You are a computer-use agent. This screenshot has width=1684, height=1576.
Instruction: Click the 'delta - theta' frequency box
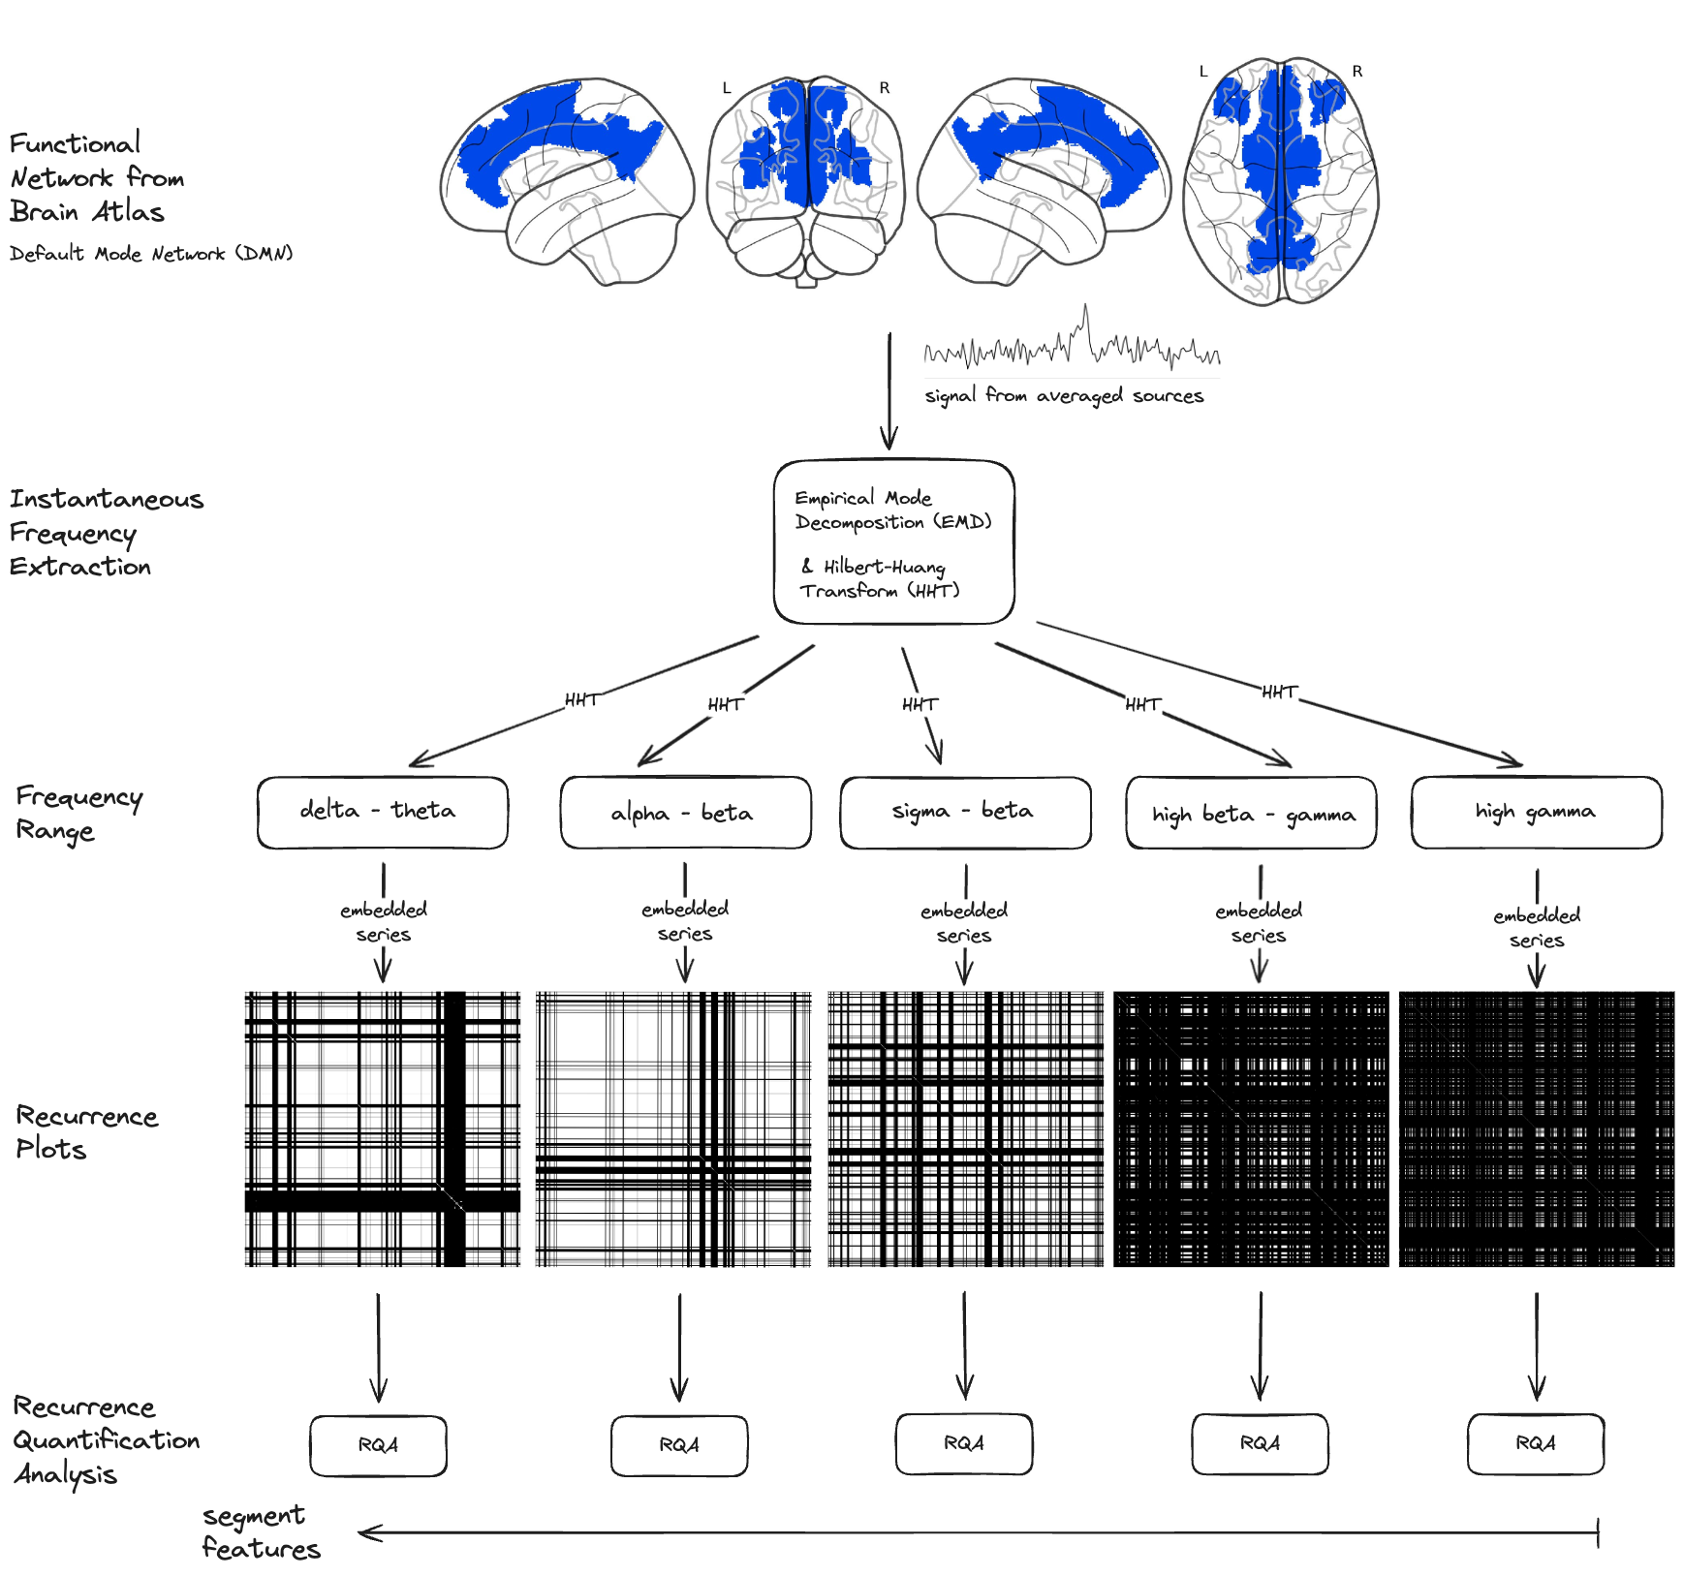pyautogui.click(x=383, y=812)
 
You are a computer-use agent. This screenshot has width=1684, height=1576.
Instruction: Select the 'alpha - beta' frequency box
pyautogui.click(x=685, y=813)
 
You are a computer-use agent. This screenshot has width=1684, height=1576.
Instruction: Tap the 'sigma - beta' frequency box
pyautogui.click(x=965, y=812)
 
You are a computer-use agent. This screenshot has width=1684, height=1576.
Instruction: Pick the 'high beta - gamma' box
pyautogui.click(x=1251, y=813)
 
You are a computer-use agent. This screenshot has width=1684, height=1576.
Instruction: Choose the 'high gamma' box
pyautogui.click(x=1536, y=812)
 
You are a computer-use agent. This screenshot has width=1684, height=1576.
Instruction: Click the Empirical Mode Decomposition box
pyautogui.click(x=893, y=541)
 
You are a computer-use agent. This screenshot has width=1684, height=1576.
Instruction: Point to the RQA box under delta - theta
pyautogui.click(x=378, y=1445)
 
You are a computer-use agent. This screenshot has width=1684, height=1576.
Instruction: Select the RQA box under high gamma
pyautogui.click(x=1536, y=1443)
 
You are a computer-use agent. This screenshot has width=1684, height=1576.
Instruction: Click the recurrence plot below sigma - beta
pyautogui.click(x=965, y=1128)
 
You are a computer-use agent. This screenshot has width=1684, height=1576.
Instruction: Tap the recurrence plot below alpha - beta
pyautogui.click(x=673, y=1128)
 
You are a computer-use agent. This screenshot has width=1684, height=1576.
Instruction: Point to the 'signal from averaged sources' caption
pyautogui.click(x=1064, y=395)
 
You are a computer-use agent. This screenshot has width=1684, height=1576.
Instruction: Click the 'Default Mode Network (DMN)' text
pyautogui.click(x=151, y=254)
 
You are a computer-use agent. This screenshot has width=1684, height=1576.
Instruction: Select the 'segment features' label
pyautogui.click(x=261, y=1531)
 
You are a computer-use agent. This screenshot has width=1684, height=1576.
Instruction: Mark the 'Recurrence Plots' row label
pyautogui.click(x=86, y=1132)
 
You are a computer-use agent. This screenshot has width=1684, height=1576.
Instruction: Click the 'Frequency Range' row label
pyautogui.click(x=78, y=814)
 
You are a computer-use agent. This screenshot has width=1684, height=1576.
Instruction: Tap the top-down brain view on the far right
pyautogui.click(x=1280, y=181)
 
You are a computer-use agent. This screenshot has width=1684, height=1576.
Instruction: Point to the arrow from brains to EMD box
pyautogui.click(x=889, y=391)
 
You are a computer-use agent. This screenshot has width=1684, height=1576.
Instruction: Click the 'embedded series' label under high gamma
pyautogui.click(x=1537, y=927)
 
